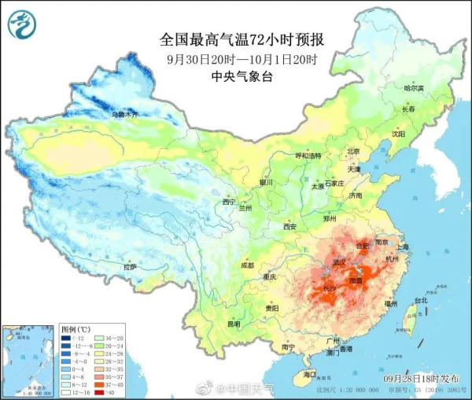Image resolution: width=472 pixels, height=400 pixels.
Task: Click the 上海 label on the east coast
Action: pyautogui.click(x=404, y=246)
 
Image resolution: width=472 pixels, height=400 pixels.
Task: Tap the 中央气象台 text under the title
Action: pyautogui.click(x=241, y=76)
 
